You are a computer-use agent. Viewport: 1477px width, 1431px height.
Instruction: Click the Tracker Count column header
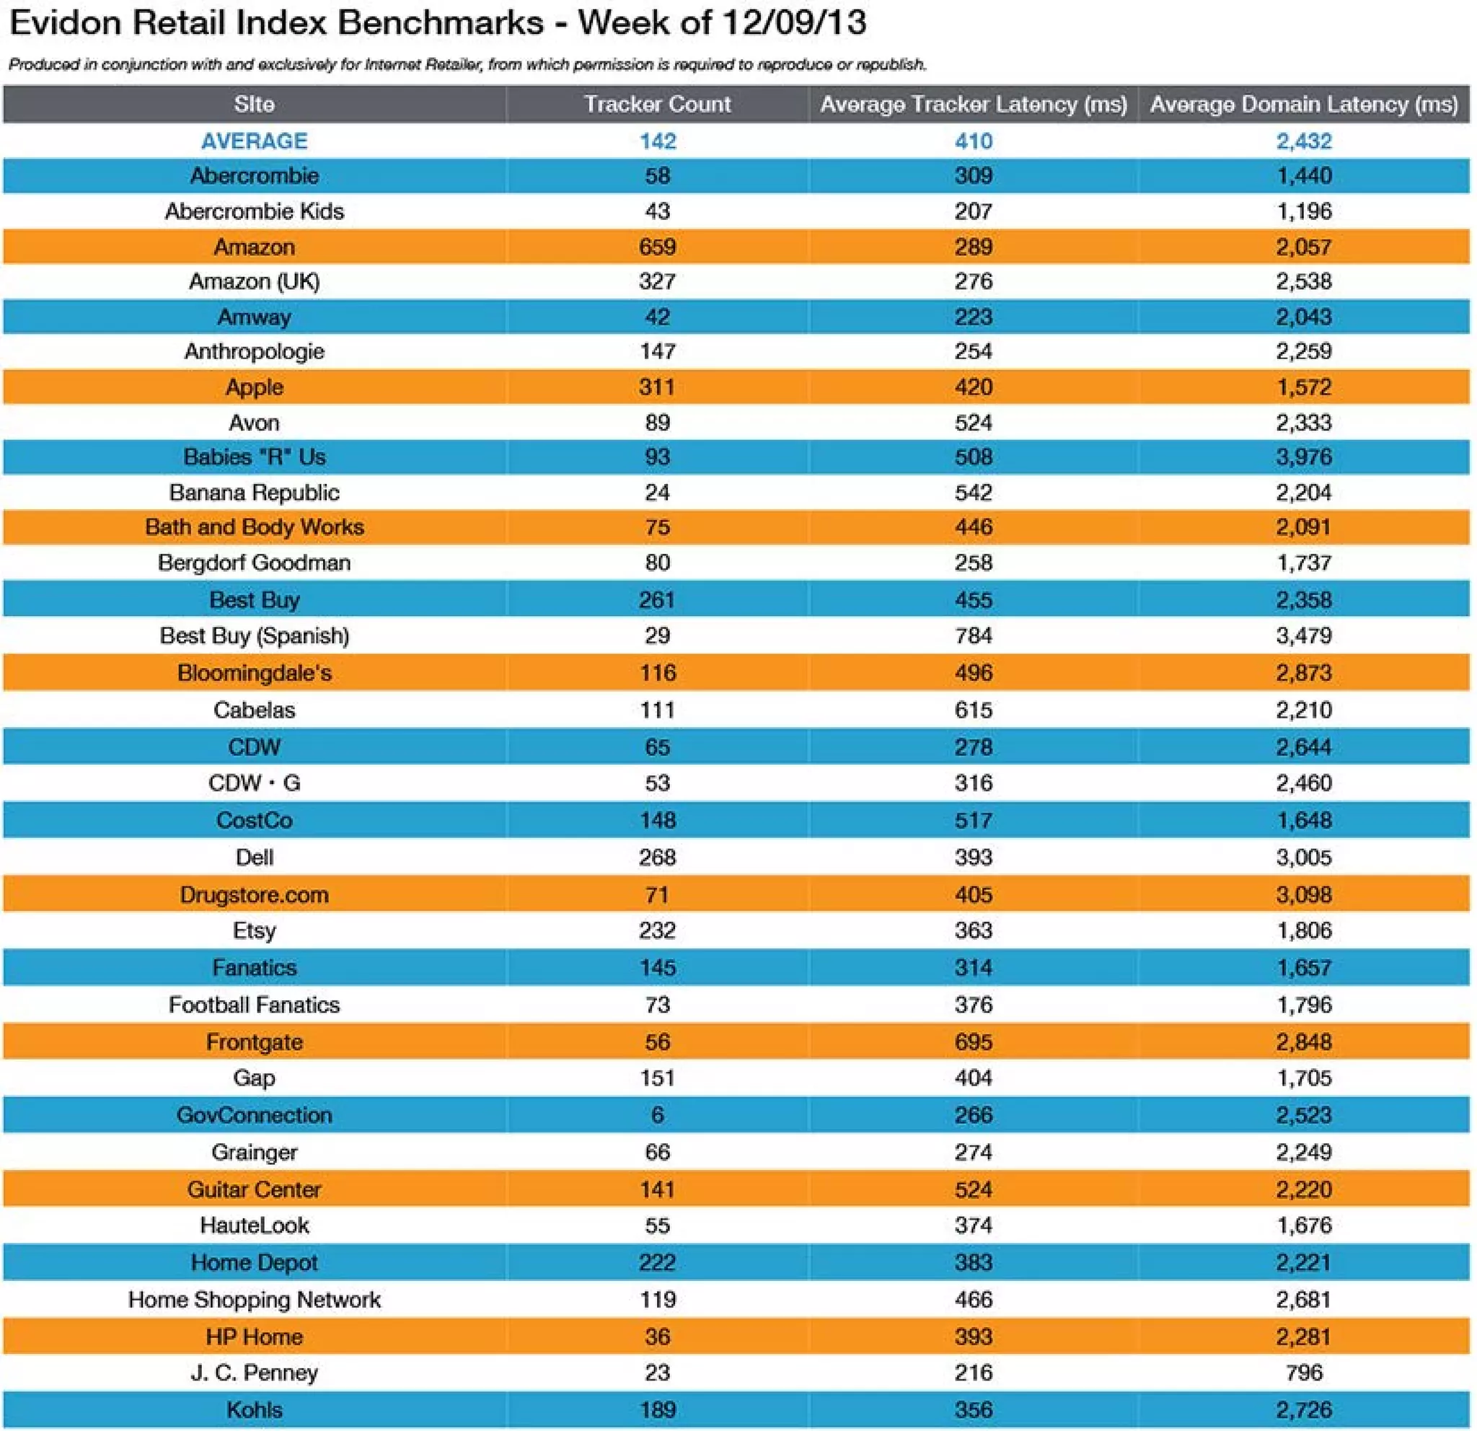click(657, 104)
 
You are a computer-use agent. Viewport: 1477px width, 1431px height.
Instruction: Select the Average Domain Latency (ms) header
click(1304, 104)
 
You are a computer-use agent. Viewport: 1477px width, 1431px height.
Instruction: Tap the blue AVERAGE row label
click(254, 141)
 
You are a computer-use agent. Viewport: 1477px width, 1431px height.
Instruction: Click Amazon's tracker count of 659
click(657, 247)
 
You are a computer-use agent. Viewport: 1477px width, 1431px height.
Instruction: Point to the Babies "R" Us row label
click(254, 457)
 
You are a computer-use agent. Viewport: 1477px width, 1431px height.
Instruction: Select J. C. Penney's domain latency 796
click(1304, 1373)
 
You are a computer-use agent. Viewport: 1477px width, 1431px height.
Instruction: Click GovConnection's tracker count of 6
click(657, 1114)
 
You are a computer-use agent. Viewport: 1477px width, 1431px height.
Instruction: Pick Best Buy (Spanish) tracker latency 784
click(973, 635)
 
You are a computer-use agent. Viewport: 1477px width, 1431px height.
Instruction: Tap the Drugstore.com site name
click(254, 894)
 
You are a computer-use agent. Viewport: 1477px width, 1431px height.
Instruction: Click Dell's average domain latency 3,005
click(1304, 857)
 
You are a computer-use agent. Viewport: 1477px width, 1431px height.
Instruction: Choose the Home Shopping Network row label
click(254, 1299)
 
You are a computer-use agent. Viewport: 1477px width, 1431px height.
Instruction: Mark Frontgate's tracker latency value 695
click(973, 1042)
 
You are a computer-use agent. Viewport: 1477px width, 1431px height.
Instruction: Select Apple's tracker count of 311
click(657, 387)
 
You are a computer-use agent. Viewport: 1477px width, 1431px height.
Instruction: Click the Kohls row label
click(254, 1409)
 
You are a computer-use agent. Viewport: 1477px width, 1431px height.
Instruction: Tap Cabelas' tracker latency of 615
click(973, 709)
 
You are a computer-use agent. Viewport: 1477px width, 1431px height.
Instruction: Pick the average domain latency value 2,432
click(1304, 141)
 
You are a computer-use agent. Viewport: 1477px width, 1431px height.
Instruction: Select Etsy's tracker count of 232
click(657, 930)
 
